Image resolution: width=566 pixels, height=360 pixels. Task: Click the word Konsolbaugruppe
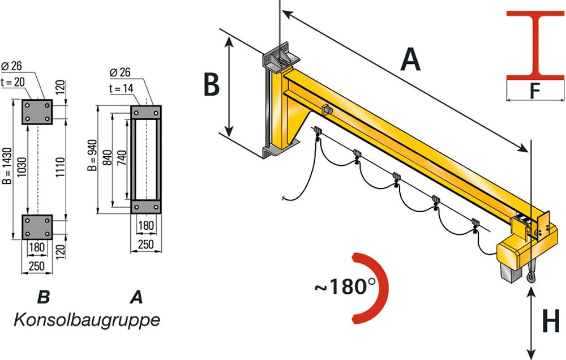[x=86, y=320]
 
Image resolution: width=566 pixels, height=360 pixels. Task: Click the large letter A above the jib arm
[x=410, y=59]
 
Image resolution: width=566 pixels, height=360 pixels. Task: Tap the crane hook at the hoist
[x=530, y=277]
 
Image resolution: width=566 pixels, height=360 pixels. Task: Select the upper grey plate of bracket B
[x=37, y=112]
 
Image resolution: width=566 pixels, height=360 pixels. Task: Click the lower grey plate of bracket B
[x=37, y=227]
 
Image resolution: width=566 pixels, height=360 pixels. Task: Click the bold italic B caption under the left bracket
[x=43, y=297]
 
